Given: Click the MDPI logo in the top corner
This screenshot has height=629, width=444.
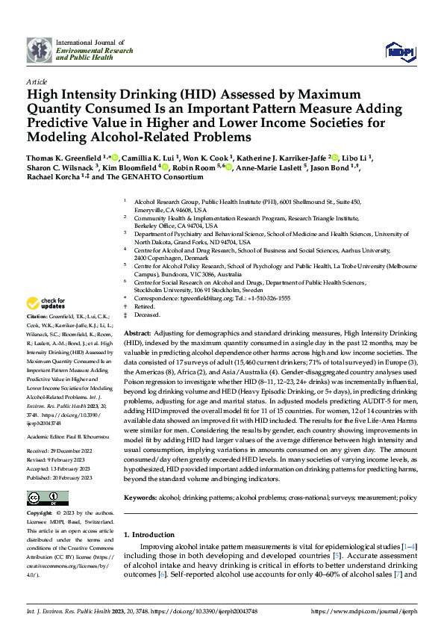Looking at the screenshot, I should pyautogui.click(x=397, y=51).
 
